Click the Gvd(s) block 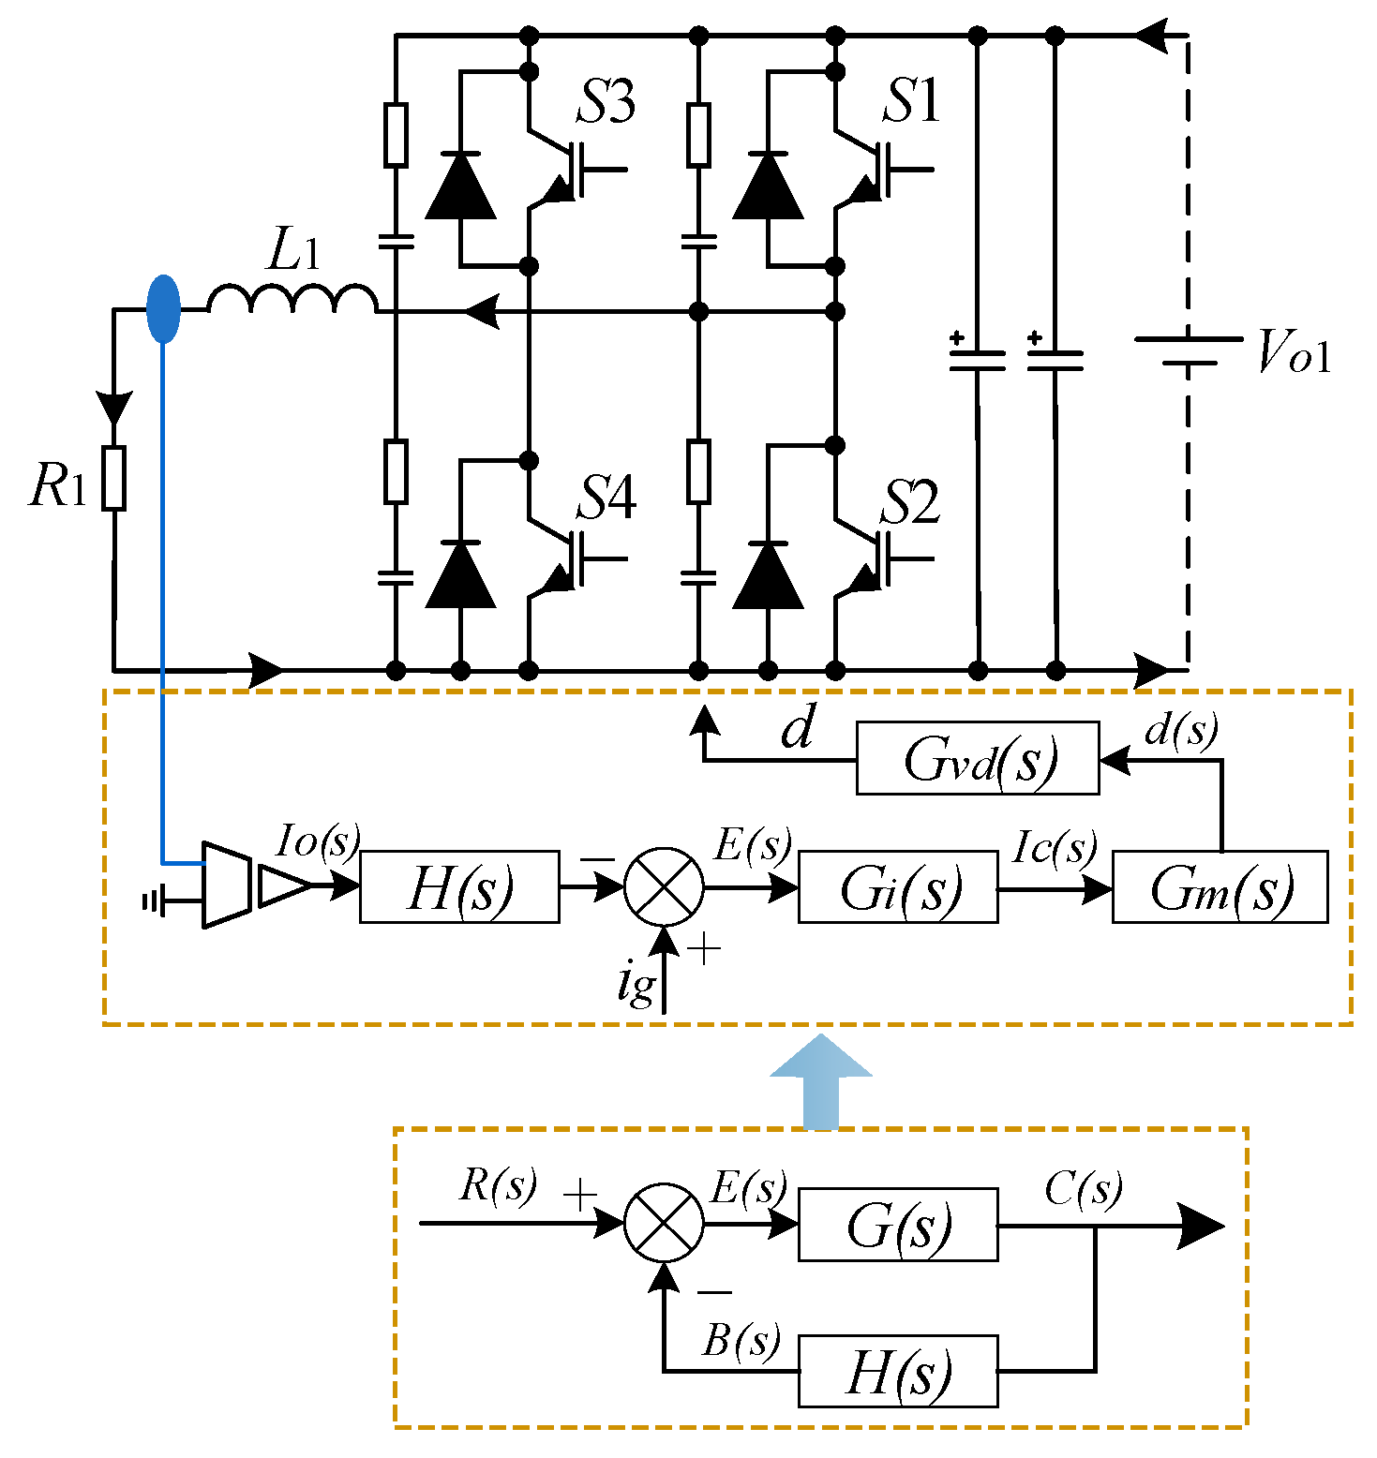coord(977,758)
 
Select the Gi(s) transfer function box coord(897,887)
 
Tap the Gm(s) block coord(1220,887)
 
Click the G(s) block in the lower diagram coord(897,1225)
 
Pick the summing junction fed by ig coord(664,886)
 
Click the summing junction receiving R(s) coord(664,1224)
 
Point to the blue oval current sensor coord(163,309)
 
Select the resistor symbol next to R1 coord(114,478)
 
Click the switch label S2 coord(909,502)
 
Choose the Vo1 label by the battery coord(1294,353)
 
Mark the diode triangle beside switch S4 coord(460,575)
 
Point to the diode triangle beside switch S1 coord(768,186)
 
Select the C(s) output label coord(1083,1189)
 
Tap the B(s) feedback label coord(741,1341)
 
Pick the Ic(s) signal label coord(1055,848)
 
